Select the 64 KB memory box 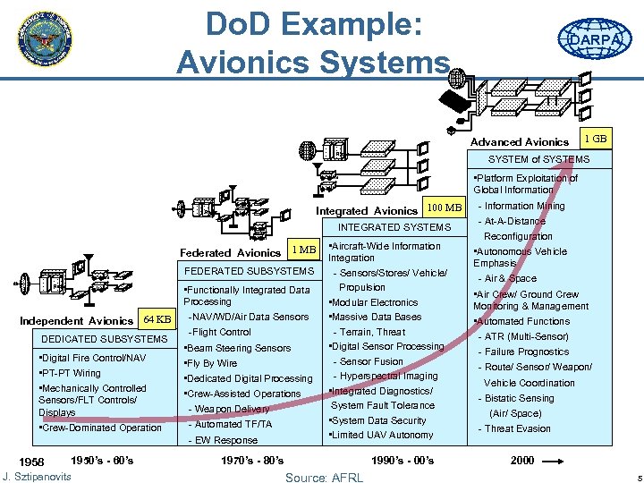157,319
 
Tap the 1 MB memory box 304,250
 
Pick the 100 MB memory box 445,208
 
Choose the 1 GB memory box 595,140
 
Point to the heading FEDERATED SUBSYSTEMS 248,270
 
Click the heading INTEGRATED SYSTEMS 394,227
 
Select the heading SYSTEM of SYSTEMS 538,159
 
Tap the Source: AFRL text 324,477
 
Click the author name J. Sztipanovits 37,475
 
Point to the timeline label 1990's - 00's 402,461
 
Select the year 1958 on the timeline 31,462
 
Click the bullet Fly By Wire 212,363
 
